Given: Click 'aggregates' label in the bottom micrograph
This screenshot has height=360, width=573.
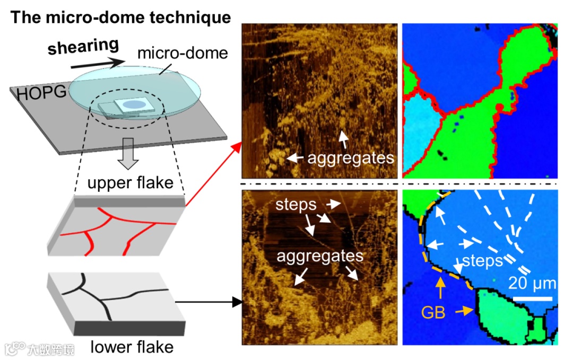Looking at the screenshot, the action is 320,256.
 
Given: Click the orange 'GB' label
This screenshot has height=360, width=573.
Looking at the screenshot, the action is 433,312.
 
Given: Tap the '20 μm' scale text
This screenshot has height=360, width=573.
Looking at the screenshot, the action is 532,283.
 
